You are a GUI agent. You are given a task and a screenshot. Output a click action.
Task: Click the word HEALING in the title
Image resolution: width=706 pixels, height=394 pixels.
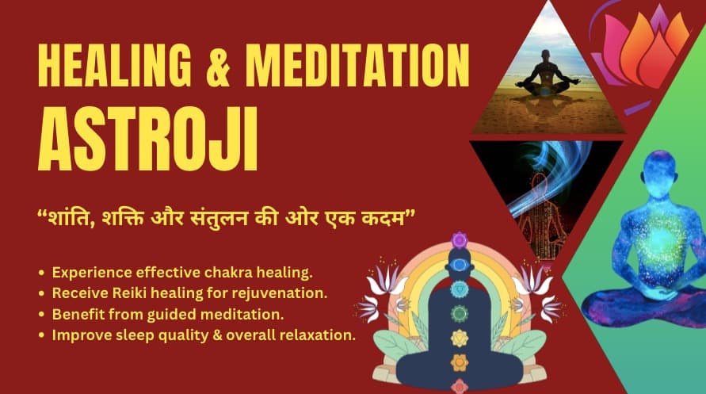coord(115,65)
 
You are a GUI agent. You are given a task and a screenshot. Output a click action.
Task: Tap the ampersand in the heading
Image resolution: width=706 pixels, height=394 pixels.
coord(219,65)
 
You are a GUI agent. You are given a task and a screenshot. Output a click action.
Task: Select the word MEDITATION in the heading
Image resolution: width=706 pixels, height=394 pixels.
coord(357,65)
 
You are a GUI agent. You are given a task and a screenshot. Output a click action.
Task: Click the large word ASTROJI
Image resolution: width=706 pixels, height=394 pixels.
coord(148,139)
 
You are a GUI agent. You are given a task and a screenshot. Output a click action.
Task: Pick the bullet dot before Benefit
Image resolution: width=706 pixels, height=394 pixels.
coord(42,315)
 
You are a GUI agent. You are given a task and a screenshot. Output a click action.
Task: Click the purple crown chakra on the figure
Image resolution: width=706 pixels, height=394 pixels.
coord(460,240)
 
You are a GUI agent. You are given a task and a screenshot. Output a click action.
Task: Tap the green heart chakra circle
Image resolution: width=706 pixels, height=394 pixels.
coord(460,313)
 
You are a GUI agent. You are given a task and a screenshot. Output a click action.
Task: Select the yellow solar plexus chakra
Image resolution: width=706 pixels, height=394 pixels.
coord(460,338)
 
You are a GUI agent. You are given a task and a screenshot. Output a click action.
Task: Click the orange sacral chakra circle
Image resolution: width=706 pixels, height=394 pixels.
coord(460,362)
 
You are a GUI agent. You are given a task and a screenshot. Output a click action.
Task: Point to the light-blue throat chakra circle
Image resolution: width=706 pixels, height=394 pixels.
coord(460,289)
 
